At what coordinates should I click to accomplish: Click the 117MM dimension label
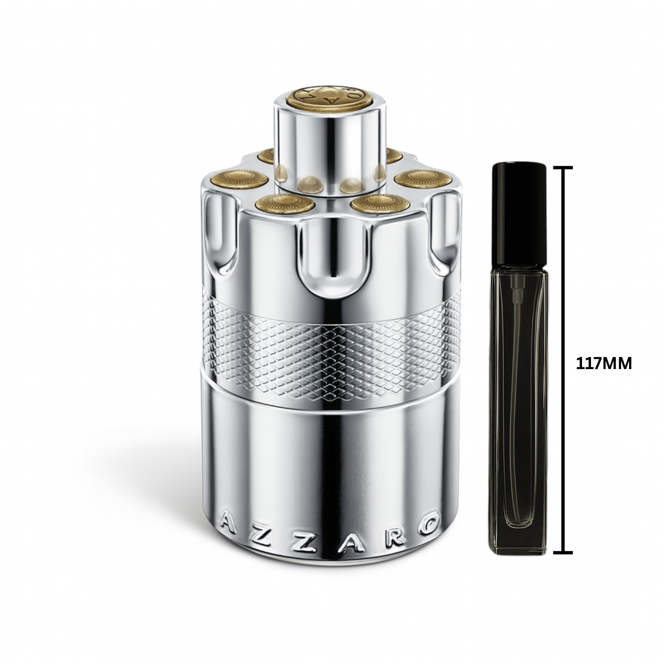pos(604,363)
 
